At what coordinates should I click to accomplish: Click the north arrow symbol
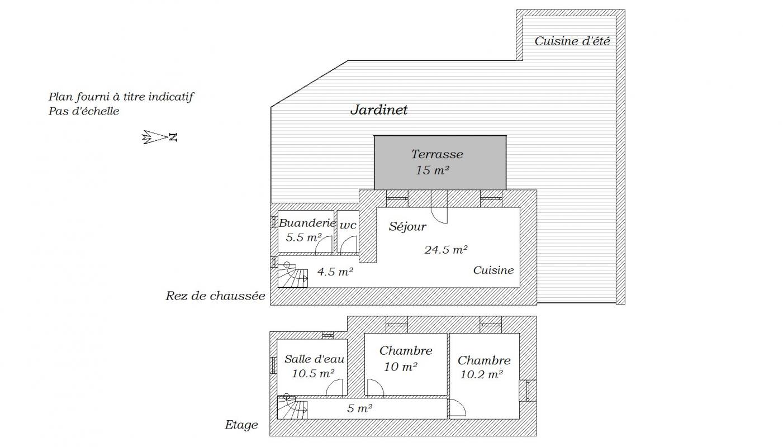tap(159, 137)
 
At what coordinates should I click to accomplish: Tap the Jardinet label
tap(379, 110)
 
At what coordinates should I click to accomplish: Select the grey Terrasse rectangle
tap(440, 163)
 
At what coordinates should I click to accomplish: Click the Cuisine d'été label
tap(572, 41)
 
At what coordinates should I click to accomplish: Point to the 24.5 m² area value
tap(446, 250)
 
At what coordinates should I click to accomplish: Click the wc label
tap(348, 225)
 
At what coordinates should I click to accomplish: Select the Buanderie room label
tap(307, 222)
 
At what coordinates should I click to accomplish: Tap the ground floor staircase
tap(292, 275)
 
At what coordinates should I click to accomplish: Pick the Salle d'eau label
tap(314, 359)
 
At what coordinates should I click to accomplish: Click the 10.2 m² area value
tap(481, 374)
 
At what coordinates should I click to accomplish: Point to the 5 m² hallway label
tap(359, 408)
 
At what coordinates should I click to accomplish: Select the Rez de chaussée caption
tap(215, 296)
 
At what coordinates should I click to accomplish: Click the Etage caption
tap(241, 425)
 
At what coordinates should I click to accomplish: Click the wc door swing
tap(349, 244)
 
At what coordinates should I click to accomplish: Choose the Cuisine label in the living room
tap(493, 270)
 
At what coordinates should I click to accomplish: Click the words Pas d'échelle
tap(84, 111)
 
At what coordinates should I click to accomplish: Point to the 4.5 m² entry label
tap(335, 272)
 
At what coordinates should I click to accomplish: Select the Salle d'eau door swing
tap(334, 388)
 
